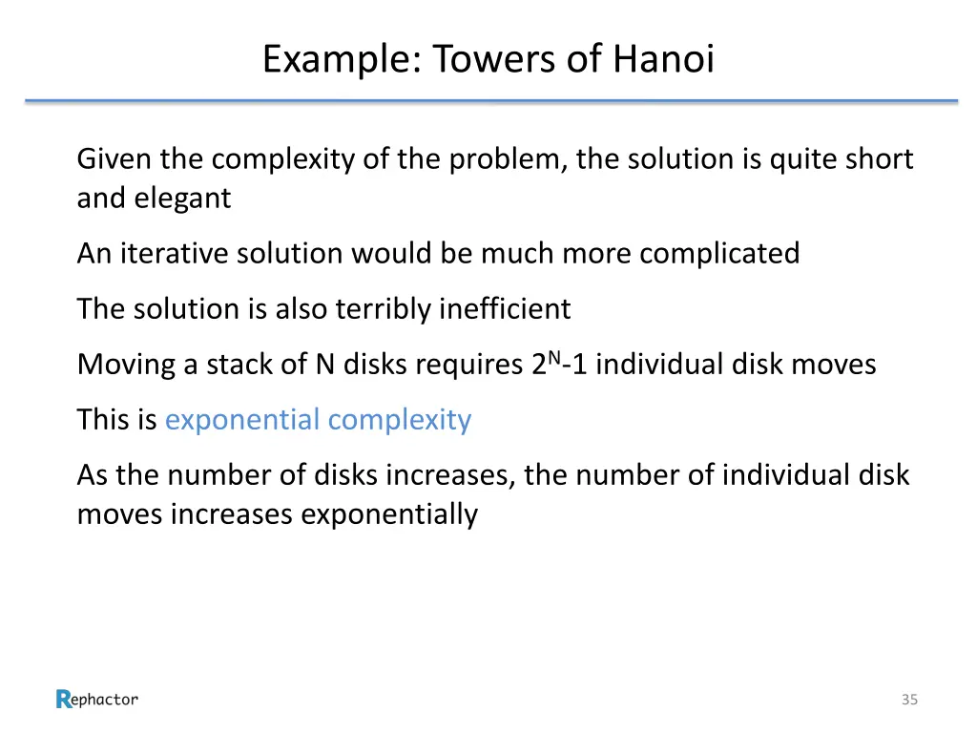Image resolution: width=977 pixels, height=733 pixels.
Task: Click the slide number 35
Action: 909,700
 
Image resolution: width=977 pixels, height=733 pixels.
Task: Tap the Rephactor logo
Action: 96,700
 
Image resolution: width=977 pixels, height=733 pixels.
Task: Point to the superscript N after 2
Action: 554,356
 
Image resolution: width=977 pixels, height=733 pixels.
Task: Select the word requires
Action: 468,365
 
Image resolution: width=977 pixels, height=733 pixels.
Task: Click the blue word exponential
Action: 241,420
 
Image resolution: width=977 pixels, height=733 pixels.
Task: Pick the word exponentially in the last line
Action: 389,514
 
